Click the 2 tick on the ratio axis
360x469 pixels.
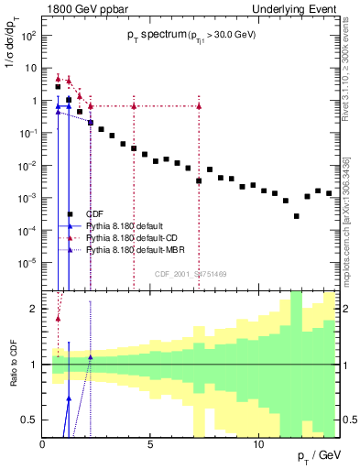[x=35, y=309]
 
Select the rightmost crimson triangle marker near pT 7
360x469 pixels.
[x=199, y=106]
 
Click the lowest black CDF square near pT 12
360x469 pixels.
[x=296, y=216]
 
